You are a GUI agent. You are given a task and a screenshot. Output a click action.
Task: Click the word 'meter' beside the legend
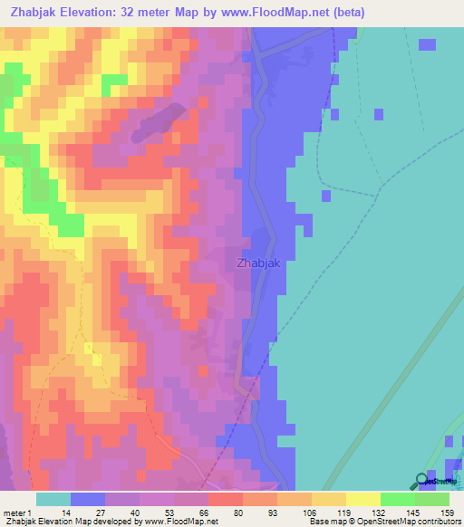click(15, 512)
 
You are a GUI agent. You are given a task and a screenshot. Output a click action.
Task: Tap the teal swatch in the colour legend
click(53, 499)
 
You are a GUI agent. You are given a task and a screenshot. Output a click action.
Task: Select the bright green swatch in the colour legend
click(397, 499)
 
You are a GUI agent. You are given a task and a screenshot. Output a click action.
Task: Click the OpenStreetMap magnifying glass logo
click(423, 481)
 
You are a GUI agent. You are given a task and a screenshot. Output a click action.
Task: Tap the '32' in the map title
click(148, 12)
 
